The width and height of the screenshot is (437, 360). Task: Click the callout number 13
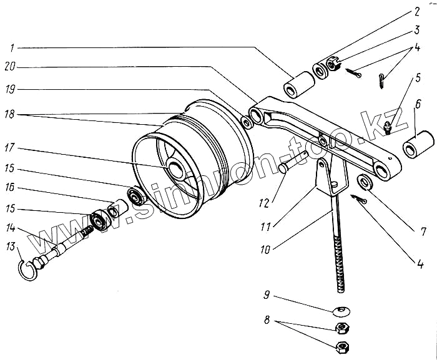[10, 248]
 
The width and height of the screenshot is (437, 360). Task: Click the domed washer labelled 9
[341, 309]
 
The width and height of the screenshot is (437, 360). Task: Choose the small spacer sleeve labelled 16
[115, 207]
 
